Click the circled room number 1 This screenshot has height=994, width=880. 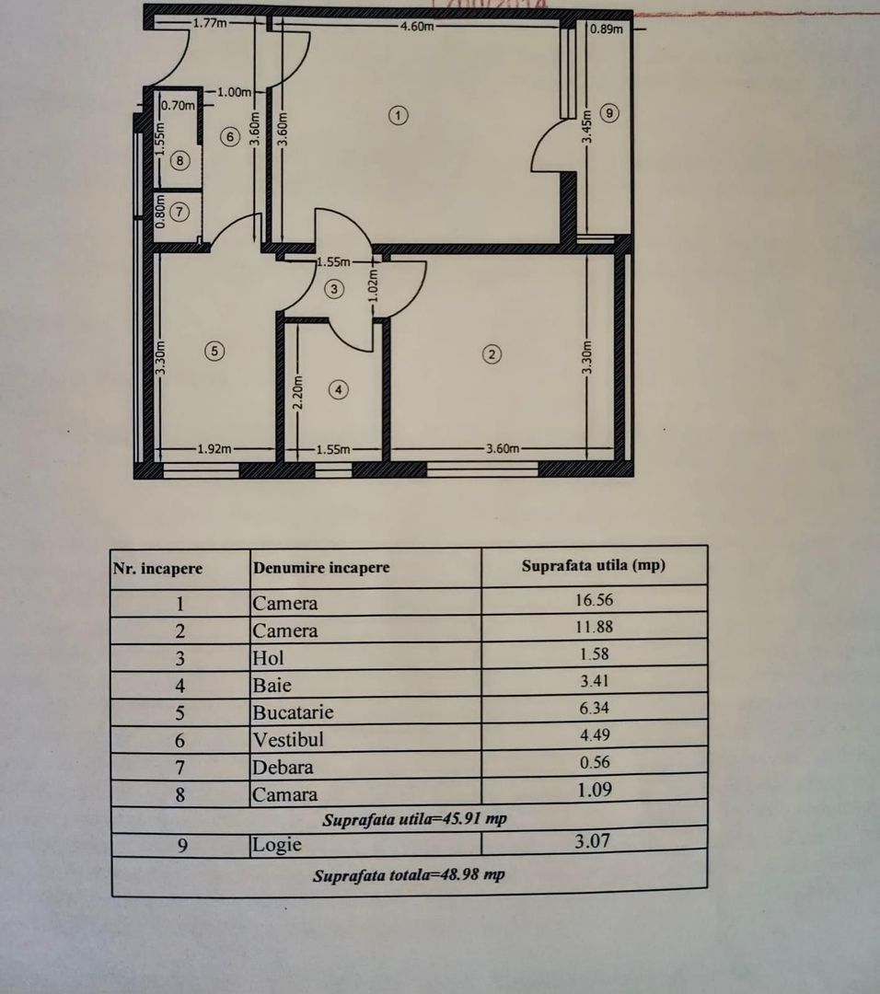398,115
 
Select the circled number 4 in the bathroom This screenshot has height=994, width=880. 340,390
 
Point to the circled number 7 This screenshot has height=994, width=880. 180,212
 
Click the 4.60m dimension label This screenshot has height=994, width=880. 416,26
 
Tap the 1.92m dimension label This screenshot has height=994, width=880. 214,449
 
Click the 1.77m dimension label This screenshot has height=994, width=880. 209,23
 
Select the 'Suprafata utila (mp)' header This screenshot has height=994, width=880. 593,565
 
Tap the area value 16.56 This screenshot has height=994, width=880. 593,600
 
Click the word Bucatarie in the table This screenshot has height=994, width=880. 293,712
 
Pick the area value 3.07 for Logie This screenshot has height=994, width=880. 593,839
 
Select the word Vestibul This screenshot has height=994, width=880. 287,739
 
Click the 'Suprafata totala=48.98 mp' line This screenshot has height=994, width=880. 408,875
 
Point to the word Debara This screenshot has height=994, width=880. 283,767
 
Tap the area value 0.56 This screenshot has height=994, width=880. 593,762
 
